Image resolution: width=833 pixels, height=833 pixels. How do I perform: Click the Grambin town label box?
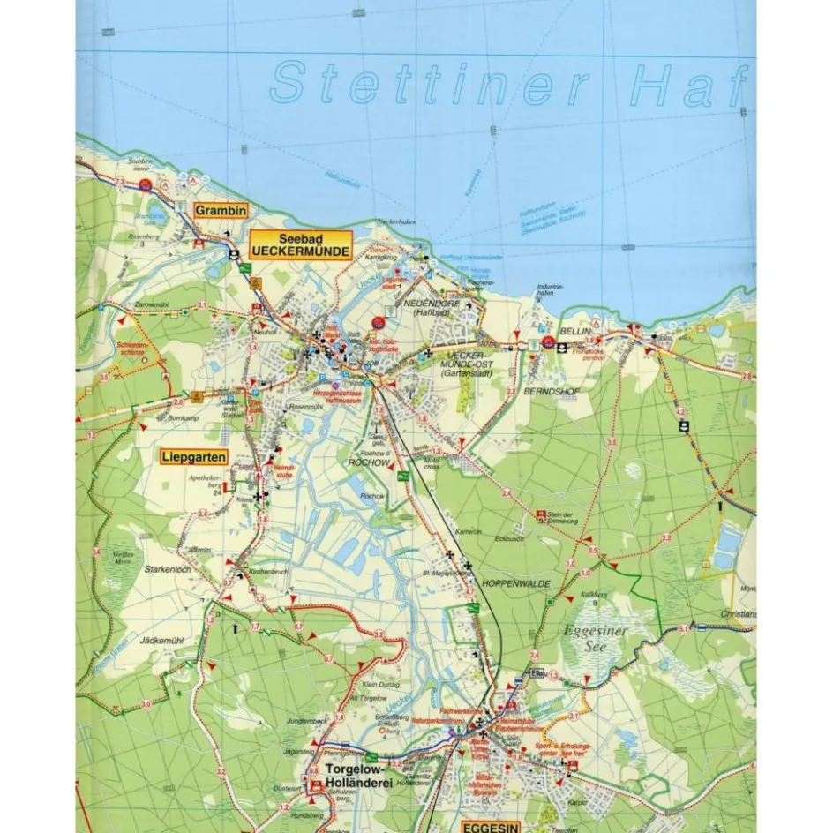point(220,211)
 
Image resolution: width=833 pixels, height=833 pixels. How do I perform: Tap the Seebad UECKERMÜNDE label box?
point(301,244)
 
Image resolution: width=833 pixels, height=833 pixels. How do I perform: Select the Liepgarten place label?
point(193,457)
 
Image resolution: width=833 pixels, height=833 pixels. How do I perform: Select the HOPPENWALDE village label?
point(516,584)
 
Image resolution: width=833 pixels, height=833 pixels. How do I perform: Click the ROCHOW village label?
point(370,462)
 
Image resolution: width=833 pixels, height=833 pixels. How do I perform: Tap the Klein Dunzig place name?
point(380,685)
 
